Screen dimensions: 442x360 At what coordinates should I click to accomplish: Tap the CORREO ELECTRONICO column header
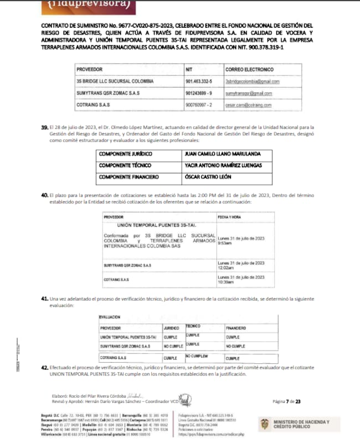pos(249,70)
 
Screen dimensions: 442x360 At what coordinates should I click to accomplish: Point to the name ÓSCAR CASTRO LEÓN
pos(208,177)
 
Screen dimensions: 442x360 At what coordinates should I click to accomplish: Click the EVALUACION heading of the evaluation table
pos(110,318)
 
